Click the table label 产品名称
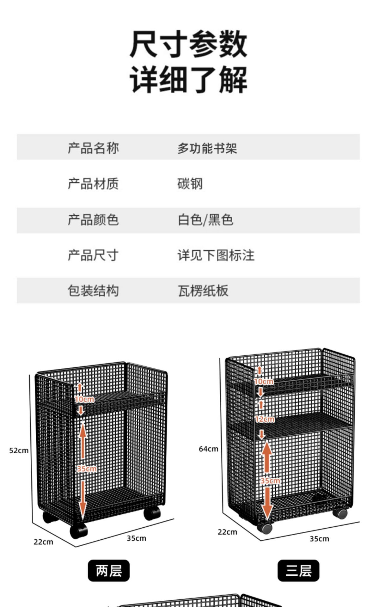tap(93, 148)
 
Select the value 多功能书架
tap(207, 148)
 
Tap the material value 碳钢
tap(190, 184)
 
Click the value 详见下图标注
tap(216, 255)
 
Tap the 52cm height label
tap(19, 451)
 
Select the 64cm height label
tap(208, 449)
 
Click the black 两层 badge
tap(108, 571)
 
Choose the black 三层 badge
tap(298, 571)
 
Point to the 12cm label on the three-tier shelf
tap(265, 419)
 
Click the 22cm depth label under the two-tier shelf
tap(43, 542)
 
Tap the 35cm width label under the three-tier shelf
tap(319, 539)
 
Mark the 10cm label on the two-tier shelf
tap(84, 399)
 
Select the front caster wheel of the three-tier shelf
tap(266, 528)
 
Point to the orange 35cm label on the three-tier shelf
tap(270, 481)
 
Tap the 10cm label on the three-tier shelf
tap(264, 382)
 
